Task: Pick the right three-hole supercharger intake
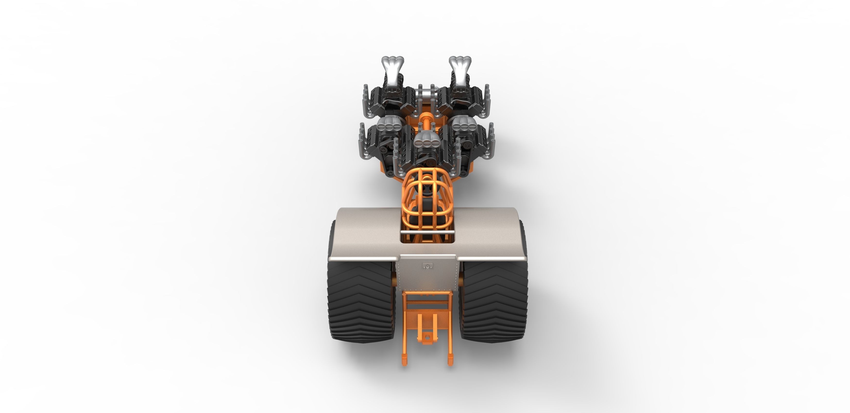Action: click(464, 123)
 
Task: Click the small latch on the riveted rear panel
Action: click(428, 266)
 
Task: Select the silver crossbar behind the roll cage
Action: click(427, 233)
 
